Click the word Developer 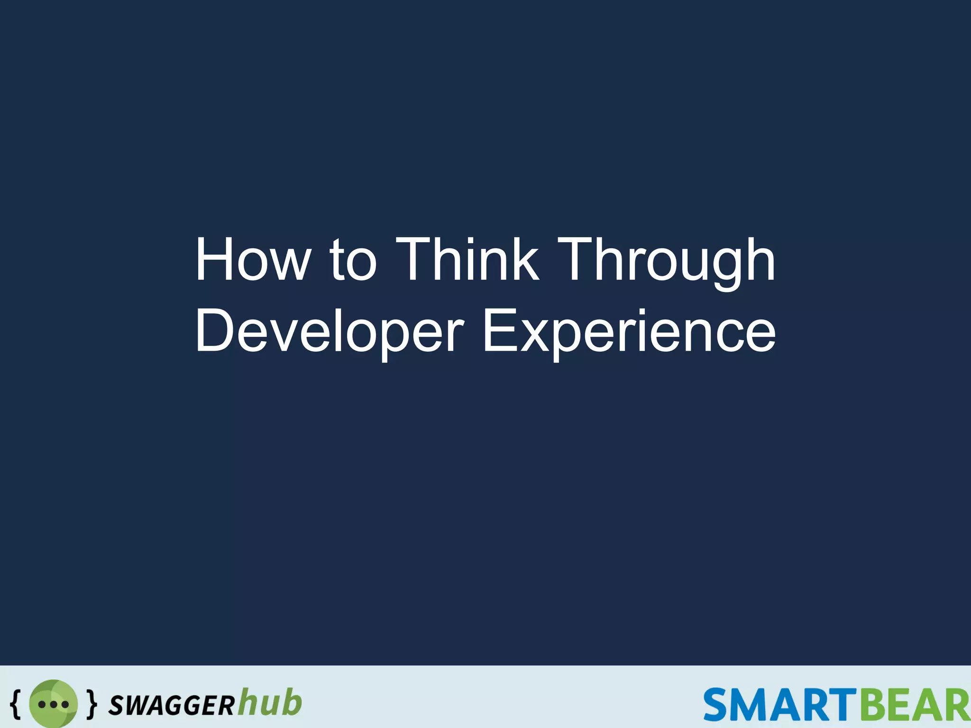coord(330,331)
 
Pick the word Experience coord(629,331)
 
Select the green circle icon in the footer coord(53,704)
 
